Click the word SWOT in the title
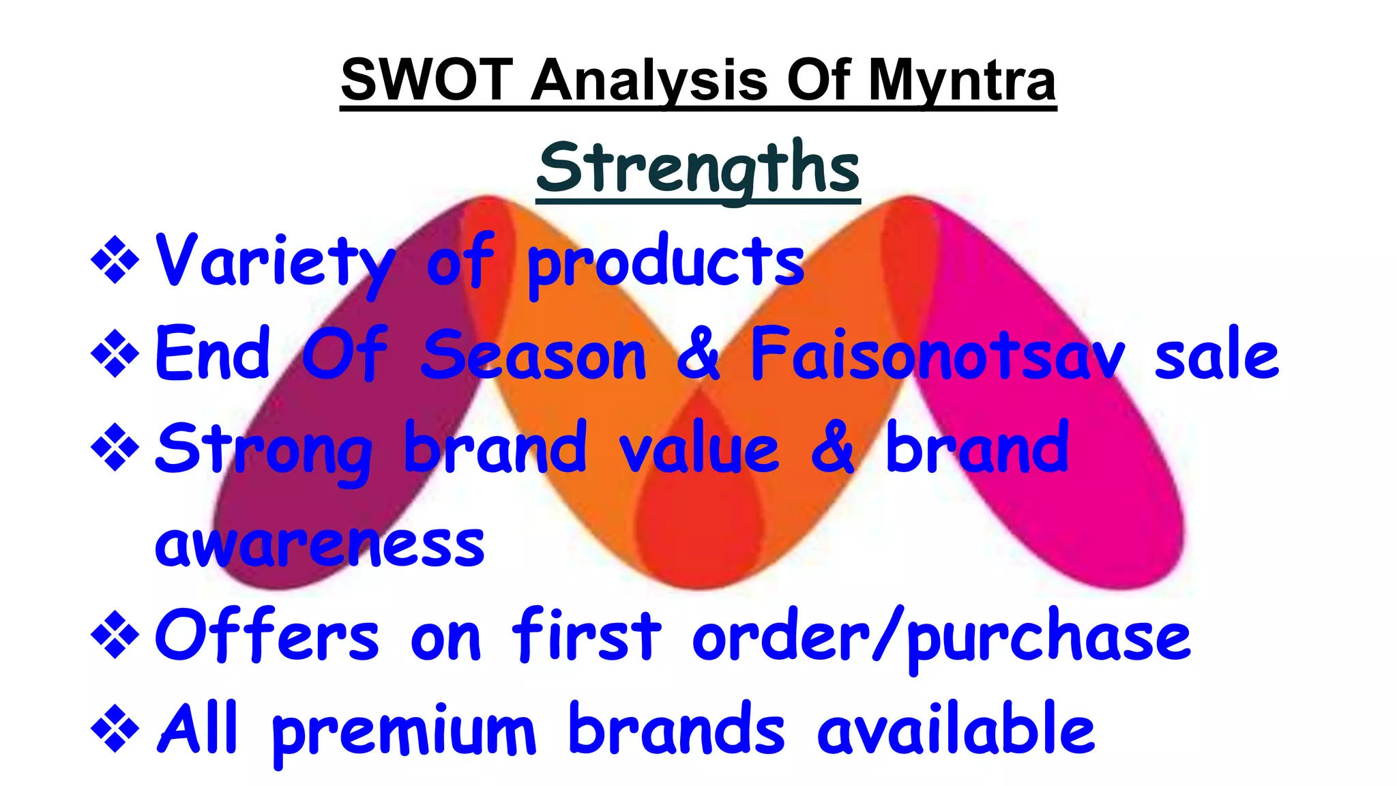click(x=426, y=80)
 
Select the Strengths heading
click(x=698, y=168)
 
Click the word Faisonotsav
click(x=937, y=355)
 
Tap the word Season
click(x=533, y=355)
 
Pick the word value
click(x=698, y=449)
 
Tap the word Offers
click(x=267, y=636)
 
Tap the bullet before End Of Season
click(x=115, y=354)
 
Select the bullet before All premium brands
click(x=115, y=729)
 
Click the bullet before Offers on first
click(x=115, y=635)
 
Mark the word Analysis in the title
click(x=649, y=80)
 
